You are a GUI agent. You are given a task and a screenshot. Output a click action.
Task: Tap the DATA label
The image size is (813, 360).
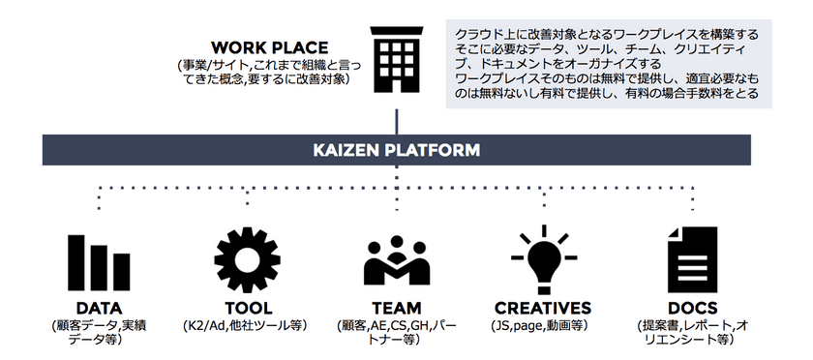pos(97,309)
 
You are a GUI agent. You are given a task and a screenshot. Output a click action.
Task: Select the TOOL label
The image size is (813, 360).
pos(246,309)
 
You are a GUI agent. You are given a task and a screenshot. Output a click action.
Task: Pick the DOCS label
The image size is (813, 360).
pos(692,309)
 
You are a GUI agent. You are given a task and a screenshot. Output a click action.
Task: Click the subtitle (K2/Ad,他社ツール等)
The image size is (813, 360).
pos(246,326)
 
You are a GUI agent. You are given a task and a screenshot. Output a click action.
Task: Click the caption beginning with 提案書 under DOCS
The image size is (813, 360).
pos(692,333)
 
